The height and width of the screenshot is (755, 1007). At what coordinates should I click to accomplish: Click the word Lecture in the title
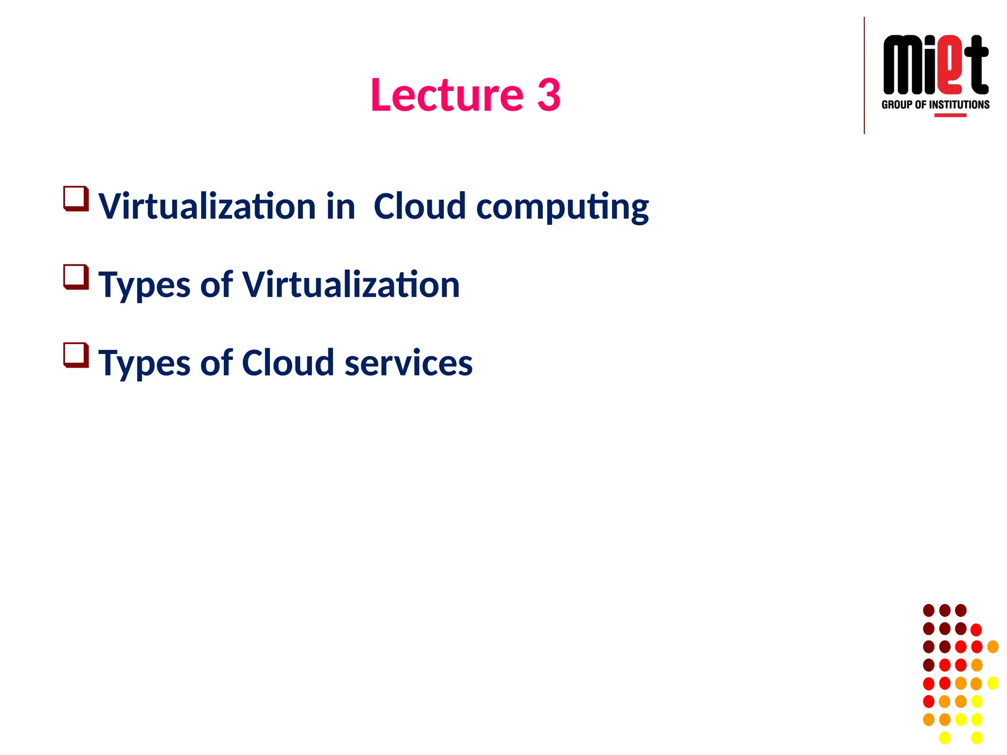pos(446,95)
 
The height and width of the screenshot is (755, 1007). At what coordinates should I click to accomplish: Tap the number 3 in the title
pos(549,95)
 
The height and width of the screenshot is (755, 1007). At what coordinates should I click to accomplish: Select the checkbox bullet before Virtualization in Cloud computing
pos(76,199)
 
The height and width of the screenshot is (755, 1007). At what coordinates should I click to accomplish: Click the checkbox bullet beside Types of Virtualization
pos(76,277)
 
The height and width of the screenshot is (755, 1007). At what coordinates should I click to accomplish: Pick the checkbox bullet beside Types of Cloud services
pos(76,355)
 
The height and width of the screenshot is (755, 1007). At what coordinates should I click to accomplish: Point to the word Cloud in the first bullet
pos(419,206)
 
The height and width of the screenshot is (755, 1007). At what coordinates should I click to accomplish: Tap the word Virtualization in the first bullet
pos(207,206)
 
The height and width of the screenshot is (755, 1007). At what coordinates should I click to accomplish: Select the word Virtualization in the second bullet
pos(351,285)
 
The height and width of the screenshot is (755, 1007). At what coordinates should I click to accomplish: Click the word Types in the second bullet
pos(144,286)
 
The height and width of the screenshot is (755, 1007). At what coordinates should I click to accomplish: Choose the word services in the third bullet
pos(408,363)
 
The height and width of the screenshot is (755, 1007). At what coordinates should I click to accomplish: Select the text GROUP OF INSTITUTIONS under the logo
pos(935,105)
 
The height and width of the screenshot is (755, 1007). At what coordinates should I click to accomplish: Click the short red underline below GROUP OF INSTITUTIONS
pos(950,116)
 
